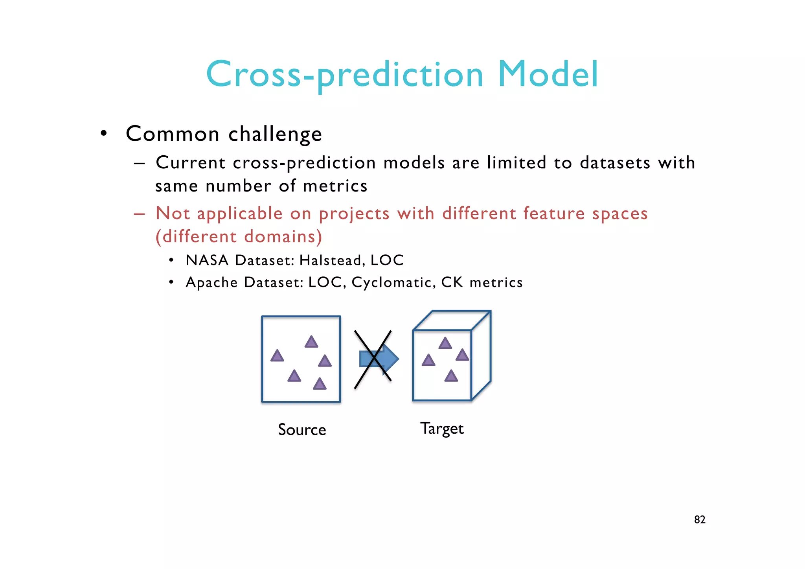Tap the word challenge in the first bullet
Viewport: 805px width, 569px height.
click(275, 134)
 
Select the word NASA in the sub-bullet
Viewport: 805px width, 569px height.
click(207, 260)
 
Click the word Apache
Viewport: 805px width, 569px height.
click(211, 282)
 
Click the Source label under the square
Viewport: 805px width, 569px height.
click(302, 429)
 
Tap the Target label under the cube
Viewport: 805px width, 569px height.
click(442, 429)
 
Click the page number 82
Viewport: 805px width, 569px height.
click(700, 520)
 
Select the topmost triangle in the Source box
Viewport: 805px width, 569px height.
click(311, 342)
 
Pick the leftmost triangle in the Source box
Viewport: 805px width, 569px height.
click(277, 356)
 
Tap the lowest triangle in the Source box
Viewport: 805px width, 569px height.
click(320, 384)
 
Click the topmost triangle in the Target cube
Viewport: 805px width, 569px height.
click(445, 344)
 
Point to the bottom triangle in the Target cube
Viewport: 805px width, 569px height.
click(451, 376)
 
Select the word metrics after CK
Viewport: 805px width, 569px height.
click(496, 282)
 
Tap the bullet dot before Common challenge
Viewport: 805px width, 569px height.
click(103, 134)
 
